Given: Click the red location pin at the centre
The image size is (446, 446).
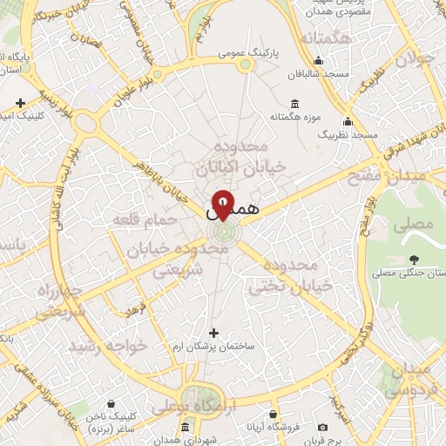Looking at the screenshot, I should [223, 203].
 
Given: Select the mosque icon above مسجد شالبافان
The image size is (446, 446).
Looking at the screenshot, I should [319, 60].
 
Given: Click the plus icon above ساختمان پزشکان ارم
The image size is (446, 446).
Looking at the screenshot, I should [214, 332].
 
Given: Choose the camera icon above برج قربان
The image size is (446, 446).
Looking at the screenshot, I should [322, 427].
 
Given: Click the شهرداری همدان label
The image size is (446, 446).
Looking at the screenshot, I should [185, 441].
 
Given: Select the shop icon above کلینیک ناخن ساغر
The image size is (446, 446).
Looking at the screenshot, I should [111, 404].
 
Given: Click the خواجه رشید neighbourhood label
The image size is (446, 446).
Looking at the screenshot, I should [116, 346].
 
